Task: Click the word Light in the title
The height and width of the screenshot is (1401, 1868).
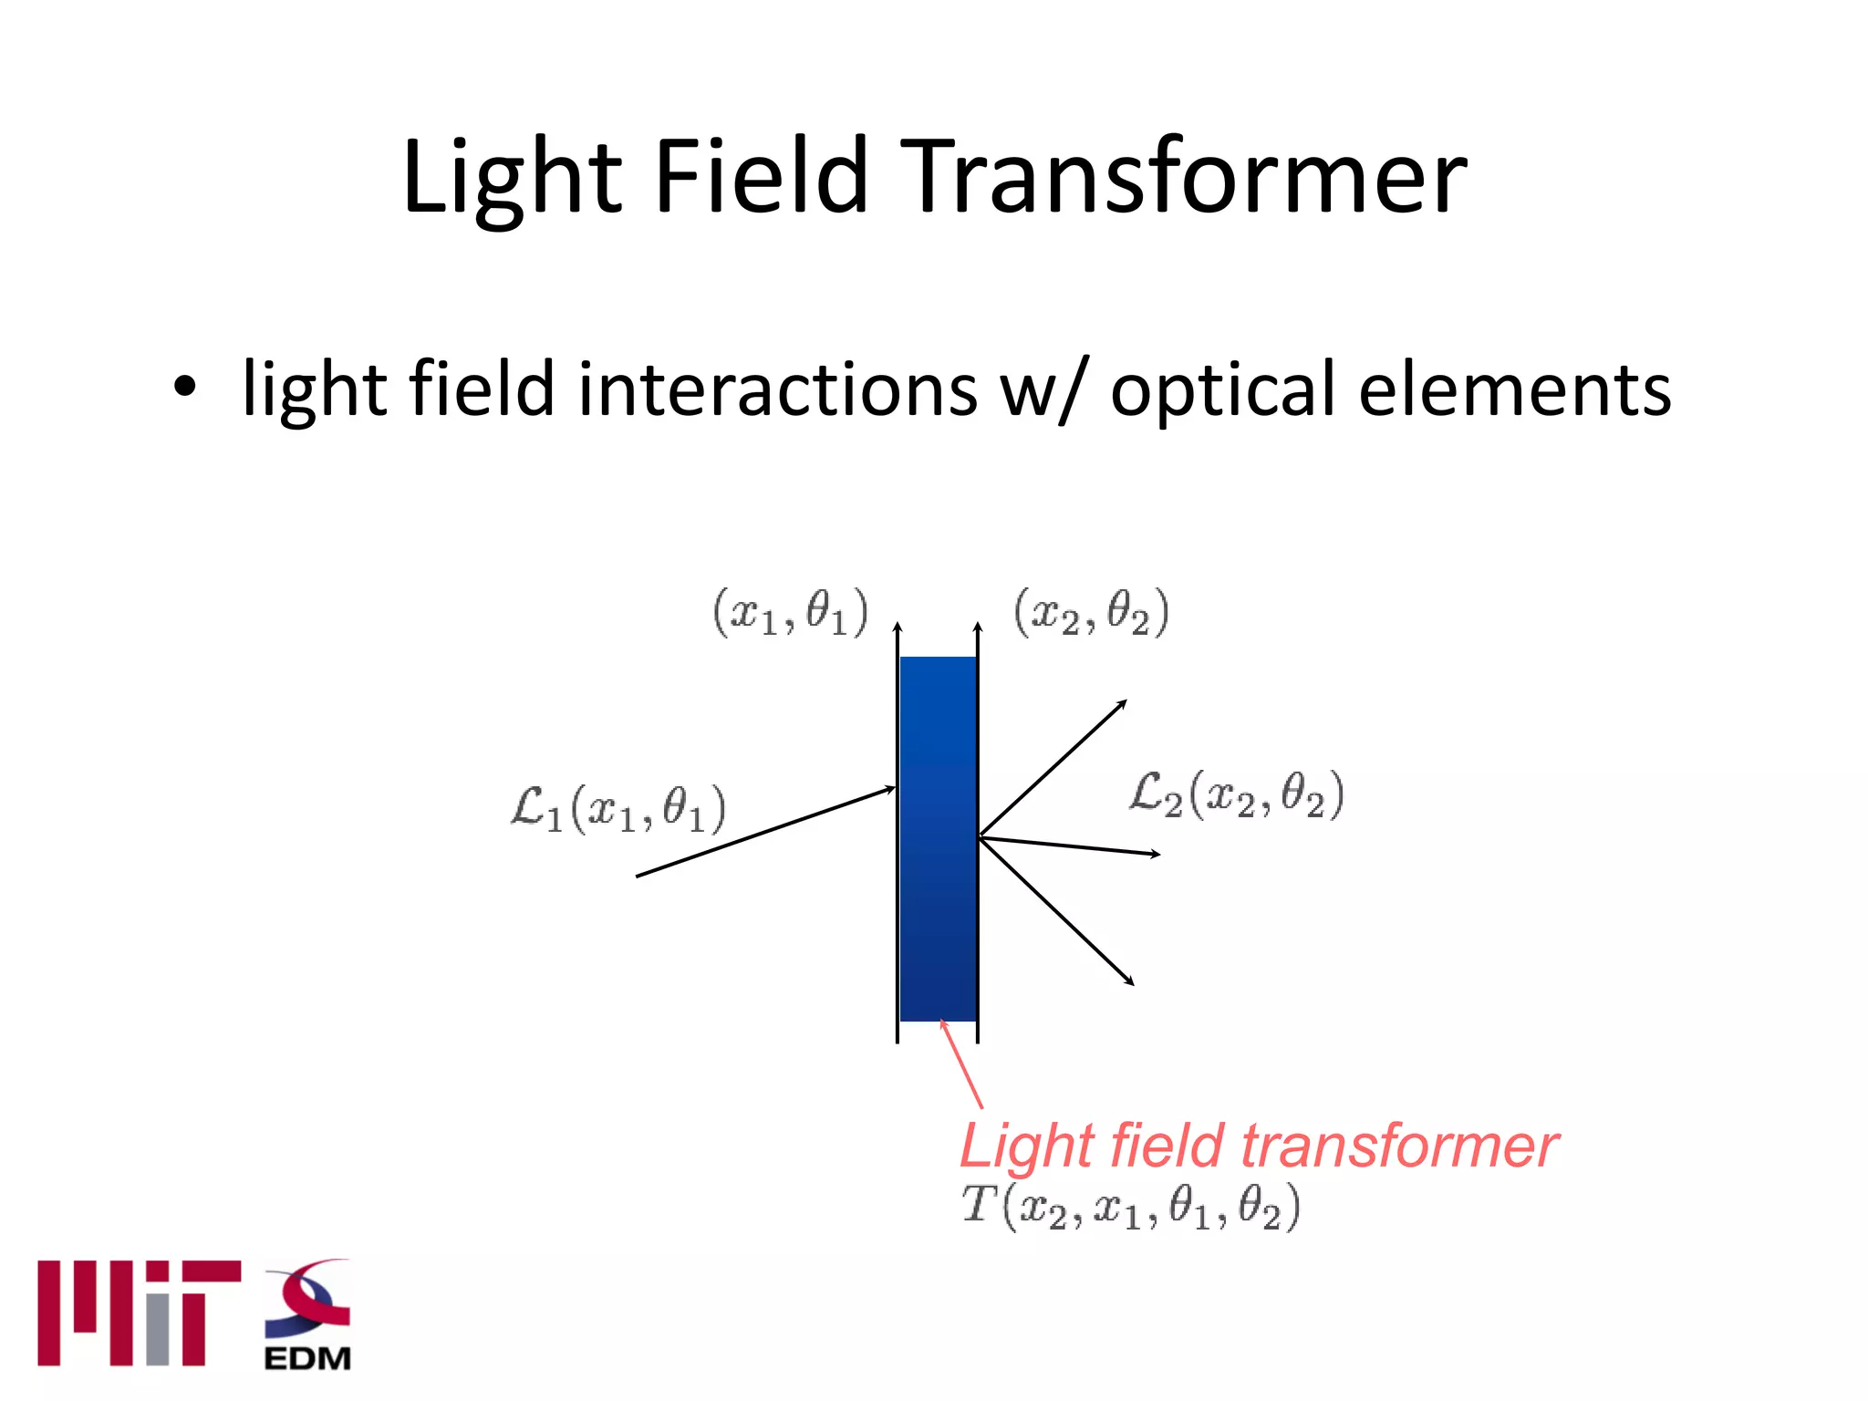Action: [x=511, y=178]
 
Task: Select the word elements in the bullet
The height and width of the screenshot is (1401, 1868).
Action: [x=1515, y=389]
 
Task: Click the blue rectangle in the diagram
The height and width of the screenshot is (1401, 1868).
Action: [x=938, y=839]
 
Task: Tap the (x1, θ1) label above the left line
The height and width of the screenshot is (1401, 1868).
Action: [x=790, y=612]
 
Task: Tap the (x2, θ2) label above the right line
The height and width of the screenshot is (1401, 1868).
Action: [x=1091, y=612]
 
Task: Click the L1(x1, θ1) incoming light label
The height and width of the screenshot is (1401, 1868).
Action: [x=618, y=808]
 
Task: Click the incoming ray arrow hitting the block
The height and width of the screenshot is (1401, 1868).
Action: [x=766, y=831]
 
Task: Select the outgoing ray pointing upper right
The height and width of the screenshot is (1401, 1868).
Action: [x=1053, y=767]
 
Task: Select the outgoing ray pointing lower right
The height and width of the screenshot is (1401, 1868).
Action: [x=1056, y=911]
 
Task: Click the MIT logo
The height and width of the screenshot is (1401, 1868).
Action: [x=139, y=1313]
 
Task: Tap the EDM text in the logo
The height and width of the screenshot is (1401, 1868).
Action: [x=307, y=1358]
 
